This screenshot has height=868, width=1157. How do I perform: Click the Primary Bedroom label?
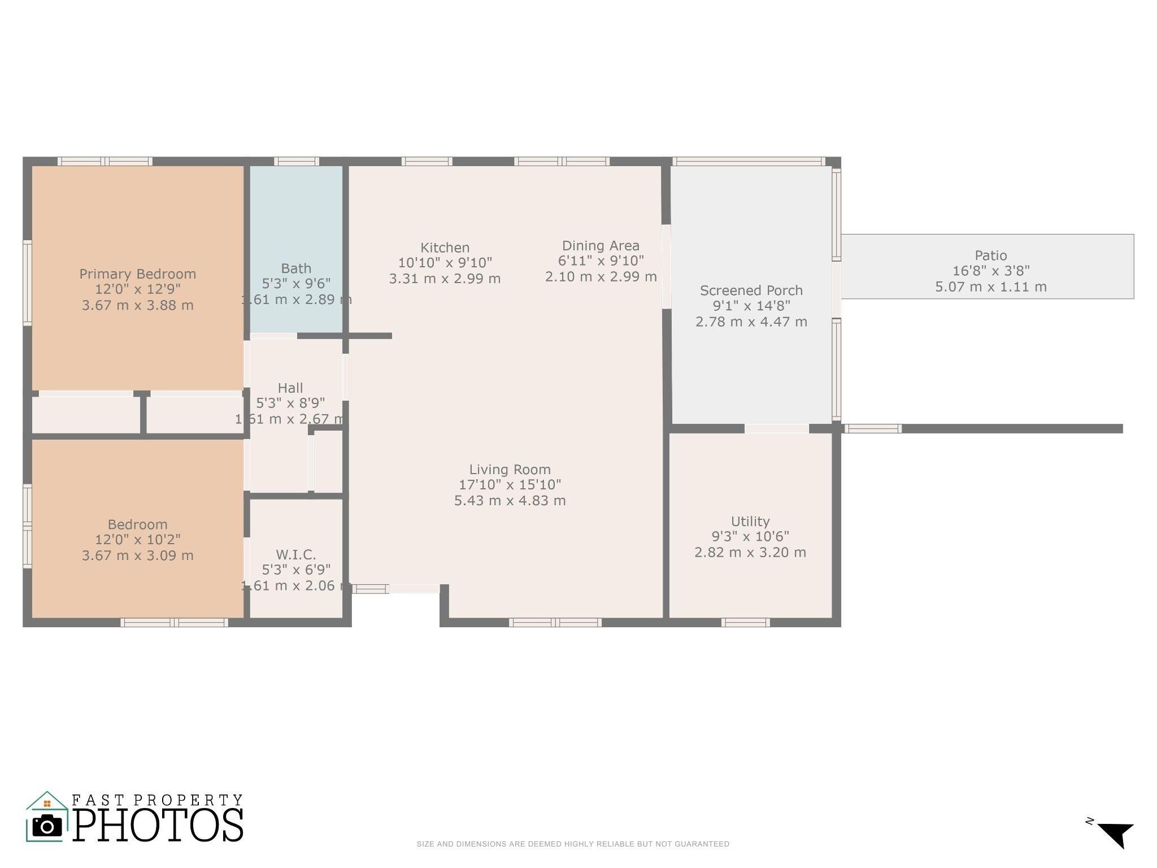pyautogui.click(x=137, y=274)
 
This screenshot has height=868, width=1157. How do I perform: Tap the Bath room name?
pyautogui.click(x=296, y=268)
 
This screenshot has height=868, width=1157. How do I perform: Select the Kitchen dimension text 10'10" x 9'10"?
pyautogui.click(x=445, y=263)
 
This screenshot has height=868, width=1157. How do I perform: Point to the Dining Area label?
pyautogui.click(x=601, y=246)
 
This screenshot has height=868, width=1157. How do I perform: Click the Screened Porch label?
pyautogui.click(x=751, y=290)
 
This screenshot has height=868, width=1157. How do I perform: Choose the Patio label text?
pyautogui.click(x=990, y=255)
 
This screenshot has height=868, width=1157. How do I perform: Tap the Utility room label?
pyautogui.click(x=750, y=521)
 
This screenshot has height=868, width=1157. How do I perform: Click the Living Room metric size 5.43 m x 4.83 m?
pyautogui.click(x=510, y=501)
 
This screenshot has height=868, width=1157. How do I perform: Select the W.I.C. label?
pyautogui.click(x=295, y=554)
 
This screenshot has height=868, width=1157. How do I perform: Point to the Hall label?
pyautogui.click(x=290, y=388)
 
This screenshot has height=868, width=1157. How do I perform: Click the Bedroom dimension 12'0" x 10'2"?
pyautogui.click(x=137, y=540)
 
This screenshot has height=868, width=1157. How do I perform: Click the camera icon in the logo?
pyautogui.click(x=47, y=826)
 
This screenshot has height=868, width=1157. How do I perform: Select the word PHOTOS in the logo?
pyautogui.click(x=158, y=825)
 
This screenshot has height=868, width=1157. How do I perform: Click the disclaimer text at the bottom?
pyautogui.click(x=572, y=844)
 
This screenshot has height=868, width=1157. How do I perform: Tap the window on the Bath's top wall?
pyautogui.click(x=296, y=162)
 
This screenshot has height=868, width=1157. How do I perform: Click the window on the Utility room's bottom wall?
pyautogui.click(x=745, y=623)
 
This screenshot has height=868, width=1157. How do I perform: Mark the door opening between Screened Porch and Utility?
pyautogui.click(x=776, y=429)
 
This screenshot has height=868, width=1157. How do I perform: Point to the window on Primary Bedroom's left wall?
pyautogui.click(x=27, y=283)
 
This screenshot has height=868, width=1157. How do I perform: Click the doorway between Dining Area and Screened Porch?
pyautogui.click(x=666, y=267)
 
